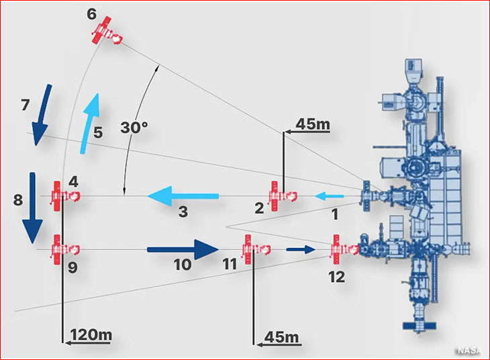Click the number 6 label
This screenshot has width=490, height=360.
coord(91,14)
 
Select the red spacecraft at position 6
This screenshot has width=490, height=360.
coord(107,32)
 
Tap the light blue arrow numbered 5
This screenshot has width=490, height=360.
coord(91,124)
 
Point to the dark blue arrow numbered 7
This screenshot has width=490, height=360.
coord(42,115)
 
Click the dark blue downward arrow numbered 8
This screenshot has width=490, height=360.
coord(32,208)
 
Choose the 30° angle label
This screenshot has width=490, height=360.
coord(134,128)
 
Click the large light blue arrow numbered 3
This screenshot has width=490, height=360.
coord(183,196)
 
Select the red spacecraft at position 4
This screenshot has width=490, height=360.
coord(65,196)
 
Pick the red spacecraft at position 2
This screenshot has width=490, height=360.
coord(283,196)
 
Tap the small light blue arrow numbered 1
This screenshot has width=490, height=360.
coord(330,196)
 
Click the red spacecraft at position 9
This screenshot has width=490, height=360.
coord(65,250)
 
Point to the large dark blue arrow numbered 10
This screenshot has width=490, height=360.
coord(183,250)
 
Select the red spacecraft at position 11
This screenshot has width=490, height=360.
coord(256,249)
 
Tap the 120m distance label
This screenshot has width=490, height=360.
coord(91,335)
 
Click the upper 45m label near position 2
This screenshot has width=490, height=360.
coord(313,124)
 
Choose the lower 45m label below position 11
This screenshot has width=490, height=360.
coord(281,337)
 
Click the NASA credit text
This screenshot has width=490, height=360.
coord(470,351)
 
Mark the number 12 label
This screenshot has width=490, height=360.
coord(336,277)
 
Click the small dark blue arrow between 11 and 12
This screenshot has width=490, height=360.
coord(300,249)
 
